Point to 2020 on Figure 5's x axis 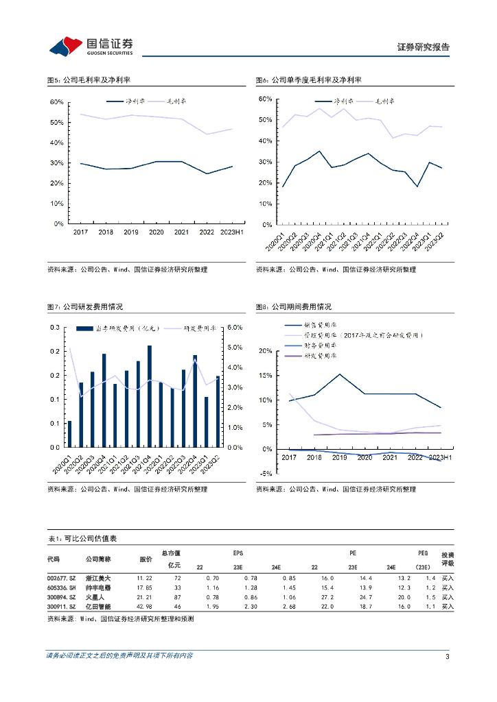(156, 233)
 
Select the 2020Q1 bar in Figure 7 (69, 434)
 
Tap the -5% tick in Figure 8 (267, 474)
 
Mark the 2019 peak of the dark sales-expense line (339, 374)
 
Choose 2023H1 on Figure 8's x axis (439, 457)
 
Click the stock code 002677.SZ (61, 578)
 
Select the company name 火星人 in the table (95, 597)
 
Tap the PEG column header (424, 553)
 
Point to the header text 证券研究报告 (424, 47)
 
